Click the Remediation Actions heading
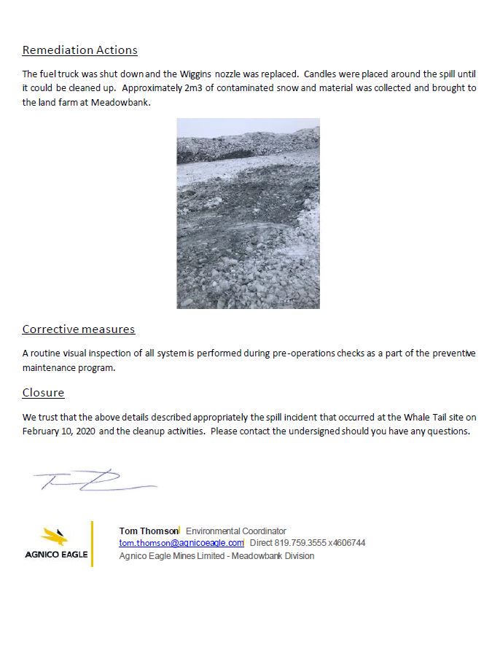coord(79,50)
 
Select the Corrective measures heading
coord(79,329)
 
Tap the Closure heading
coord(43,393)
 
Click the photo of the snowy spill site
coord(248,213)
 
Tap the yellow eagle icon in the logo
coord(55,538)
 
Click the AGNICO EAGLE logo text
coord(56,555)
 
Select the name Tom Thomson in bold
coord(148,531)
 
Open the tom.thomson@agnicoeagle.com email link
coord(181,543)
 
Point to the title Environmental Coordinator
coord(236,531)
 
